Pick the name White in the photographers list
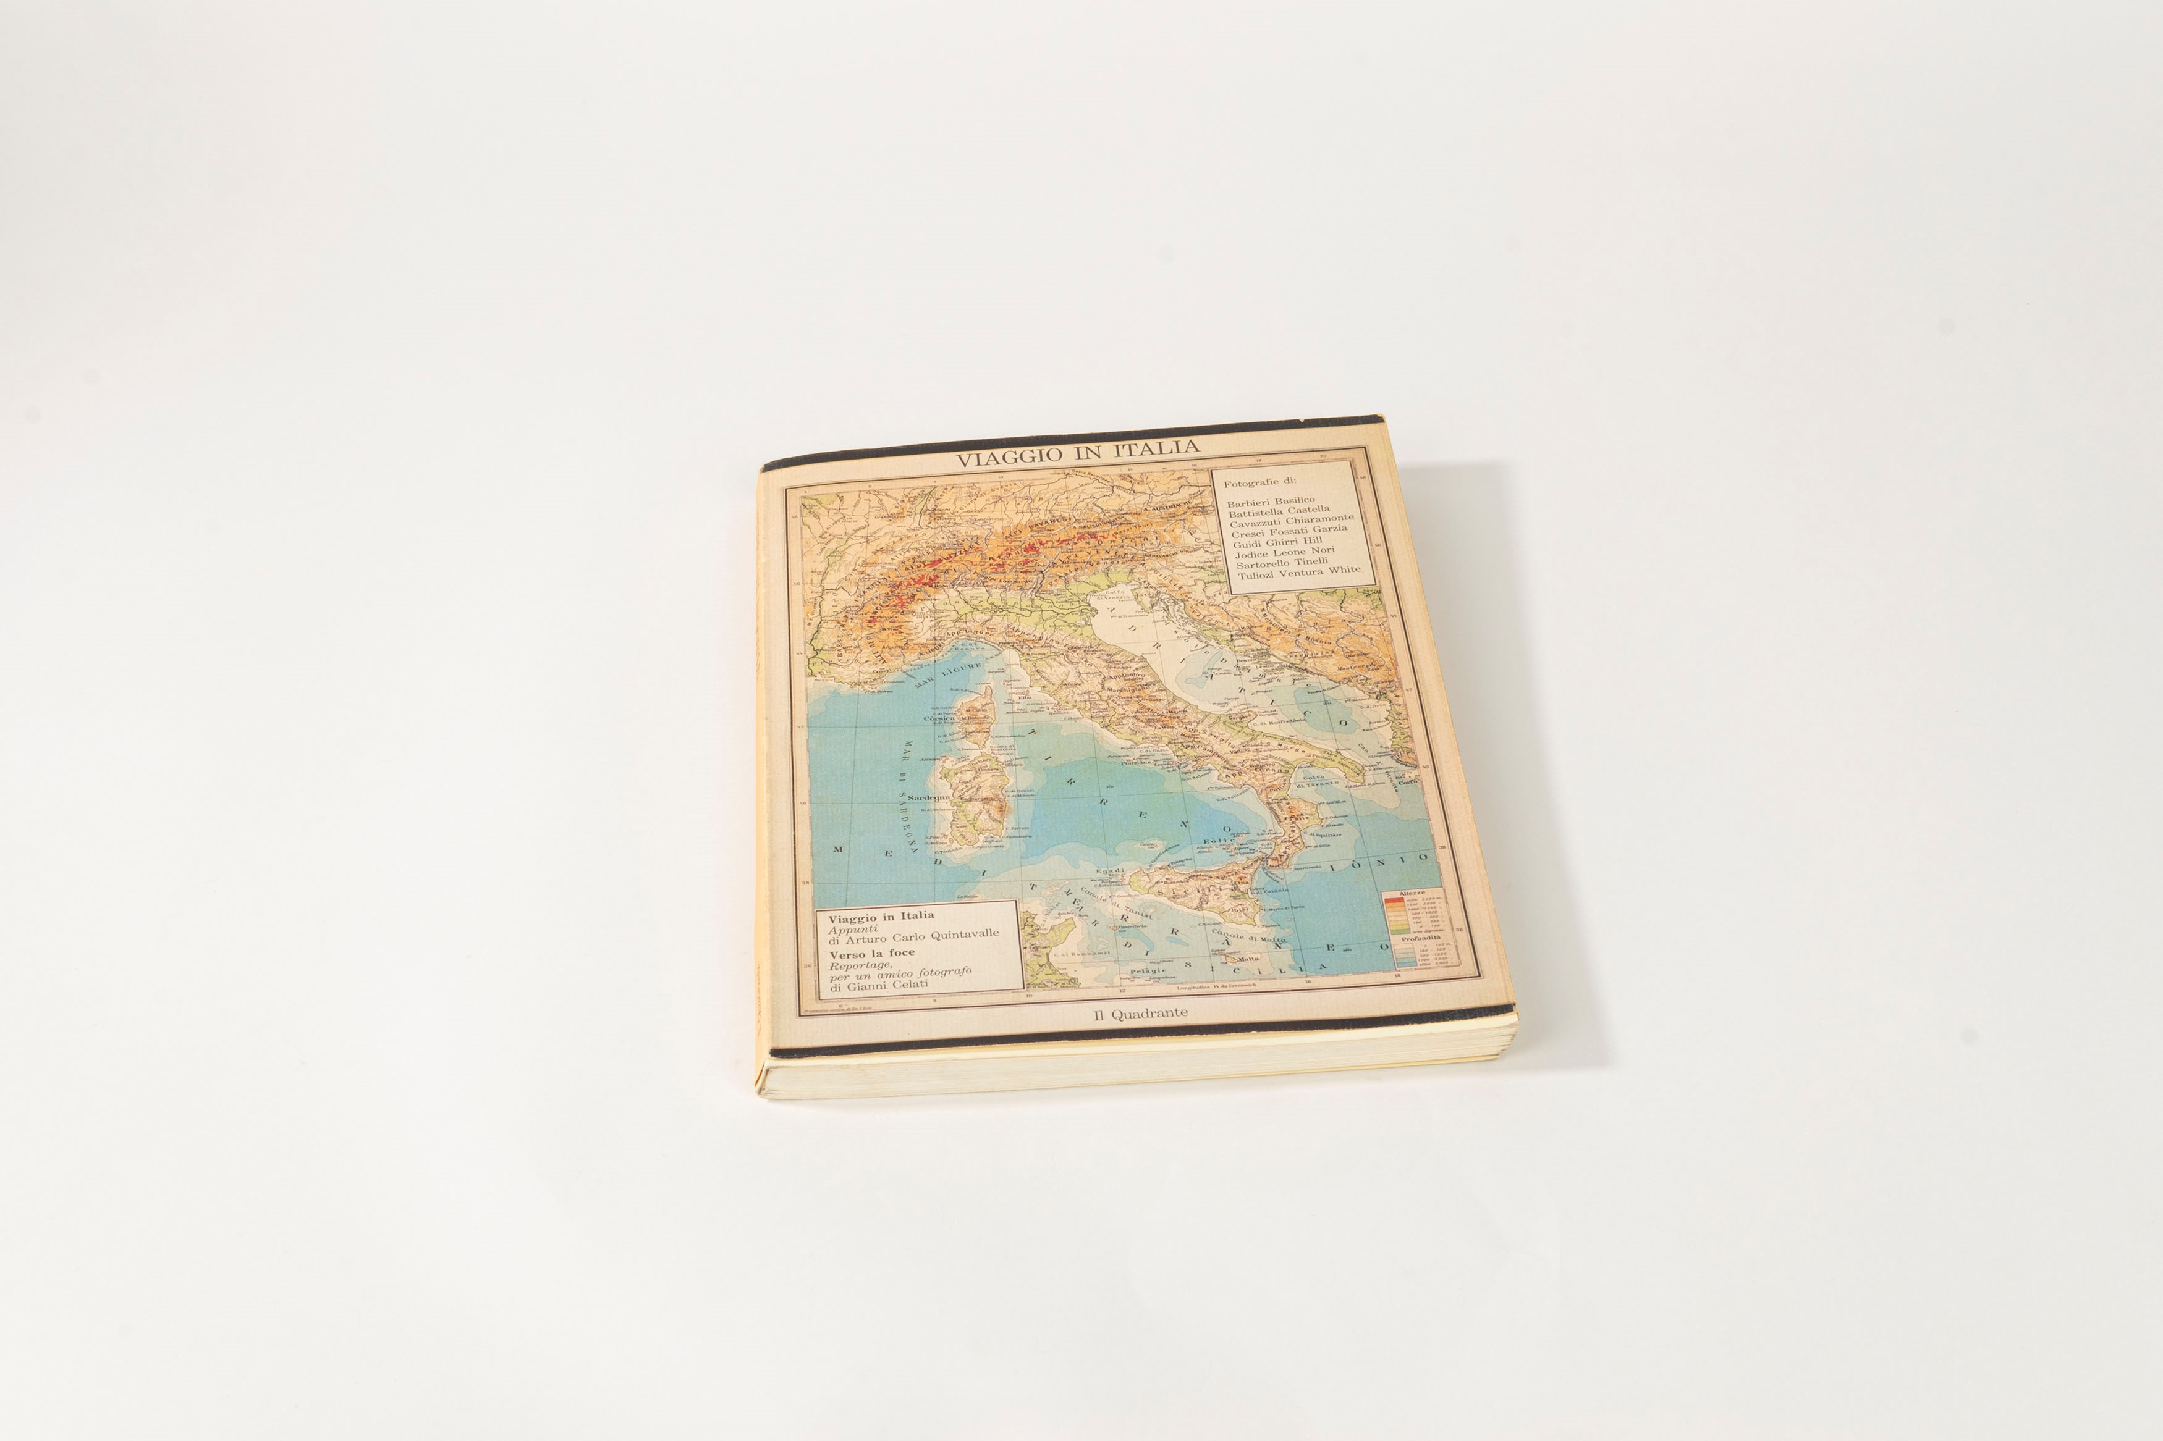pos(1343,569)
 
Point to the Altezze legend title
pos(1411,893)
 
